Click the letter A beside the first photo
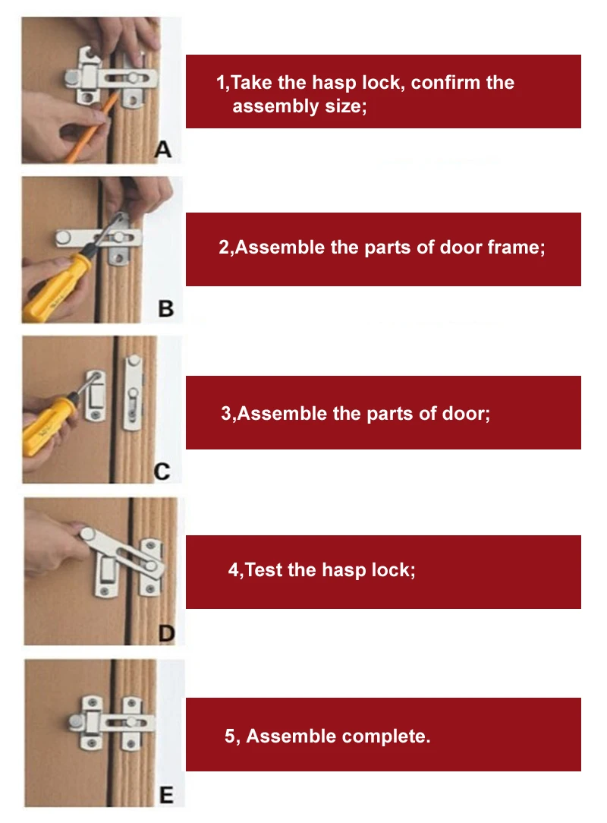[163, 149]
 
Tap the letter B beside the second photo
[165, 308]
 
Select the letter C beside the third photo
[162, 471]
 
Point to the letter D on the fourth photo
[166, 633]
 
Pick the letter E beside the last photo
[166, 795]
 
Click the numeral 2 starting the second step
[224, 248]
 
